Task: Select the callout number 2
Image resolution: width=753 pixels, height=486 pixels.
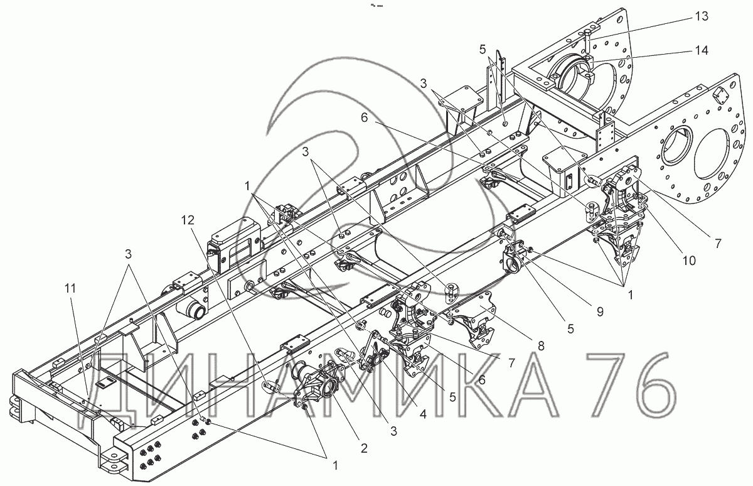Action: (x=363, y=448)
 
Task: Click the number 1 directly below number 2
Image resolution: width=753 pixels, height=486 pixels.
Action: (x=335, y=465)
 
